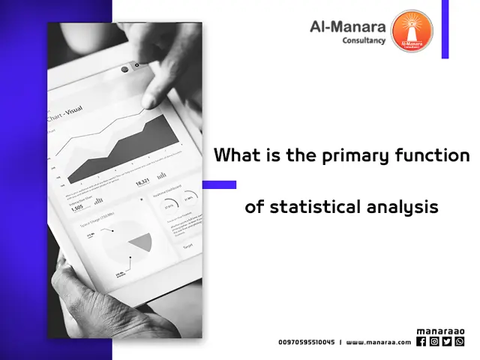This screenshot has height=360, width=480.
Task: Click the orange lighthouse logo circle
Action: point(412,31)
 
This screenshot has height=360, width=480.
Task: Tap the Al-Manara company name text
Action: point(347,27)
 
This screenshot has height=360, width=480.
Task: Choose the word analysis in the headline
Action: point(403,206)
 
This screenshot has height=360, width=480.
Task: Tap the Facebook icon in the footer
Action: point(421,341)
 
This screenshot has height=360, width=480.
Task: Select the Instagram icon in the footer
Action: point(433,341)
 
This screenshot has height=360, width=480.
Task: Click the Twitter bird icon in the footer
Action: point(446,341)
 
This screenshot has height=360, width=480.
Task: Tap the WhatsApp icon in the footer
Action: point(459,341)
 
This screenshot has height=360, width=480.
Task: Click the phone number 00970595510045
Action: point(306,342)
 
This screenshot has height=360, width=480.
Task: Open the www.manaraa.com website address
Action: point(378,342)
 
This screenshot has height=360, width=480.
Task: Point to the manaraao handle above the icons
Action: point(440,331)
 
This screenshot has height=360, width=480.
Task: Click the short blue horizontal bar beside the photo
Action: point(219,184)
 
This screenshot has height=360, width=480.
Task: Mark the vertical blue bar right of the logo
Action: point(445,29)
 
